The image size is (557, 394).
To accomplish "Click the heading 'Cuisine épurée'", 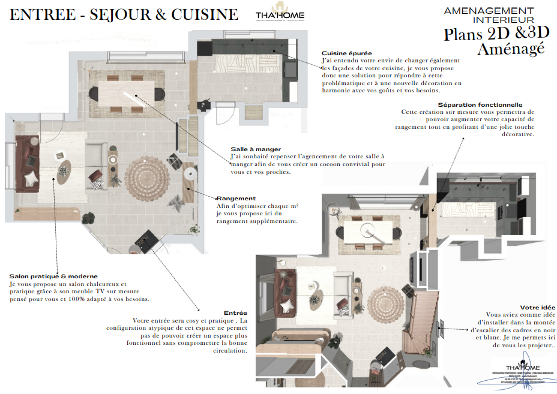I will click(346, 53).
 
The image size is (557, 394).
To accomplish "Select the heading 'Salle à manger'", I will click(256, 149).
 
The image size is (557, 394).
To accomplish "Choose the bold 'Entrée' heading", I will click(235, 313).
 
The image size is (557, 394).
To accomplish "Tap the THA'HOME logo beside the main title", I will click(279, 16).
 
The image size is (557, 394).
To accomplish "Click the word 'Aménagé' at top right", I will click(511, 49).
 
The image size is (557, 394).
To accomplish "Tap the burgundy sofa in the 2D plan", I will click(25, 163).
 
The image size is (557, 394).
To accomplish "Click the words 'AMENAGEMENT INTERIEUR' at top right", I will click(489, 16).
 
